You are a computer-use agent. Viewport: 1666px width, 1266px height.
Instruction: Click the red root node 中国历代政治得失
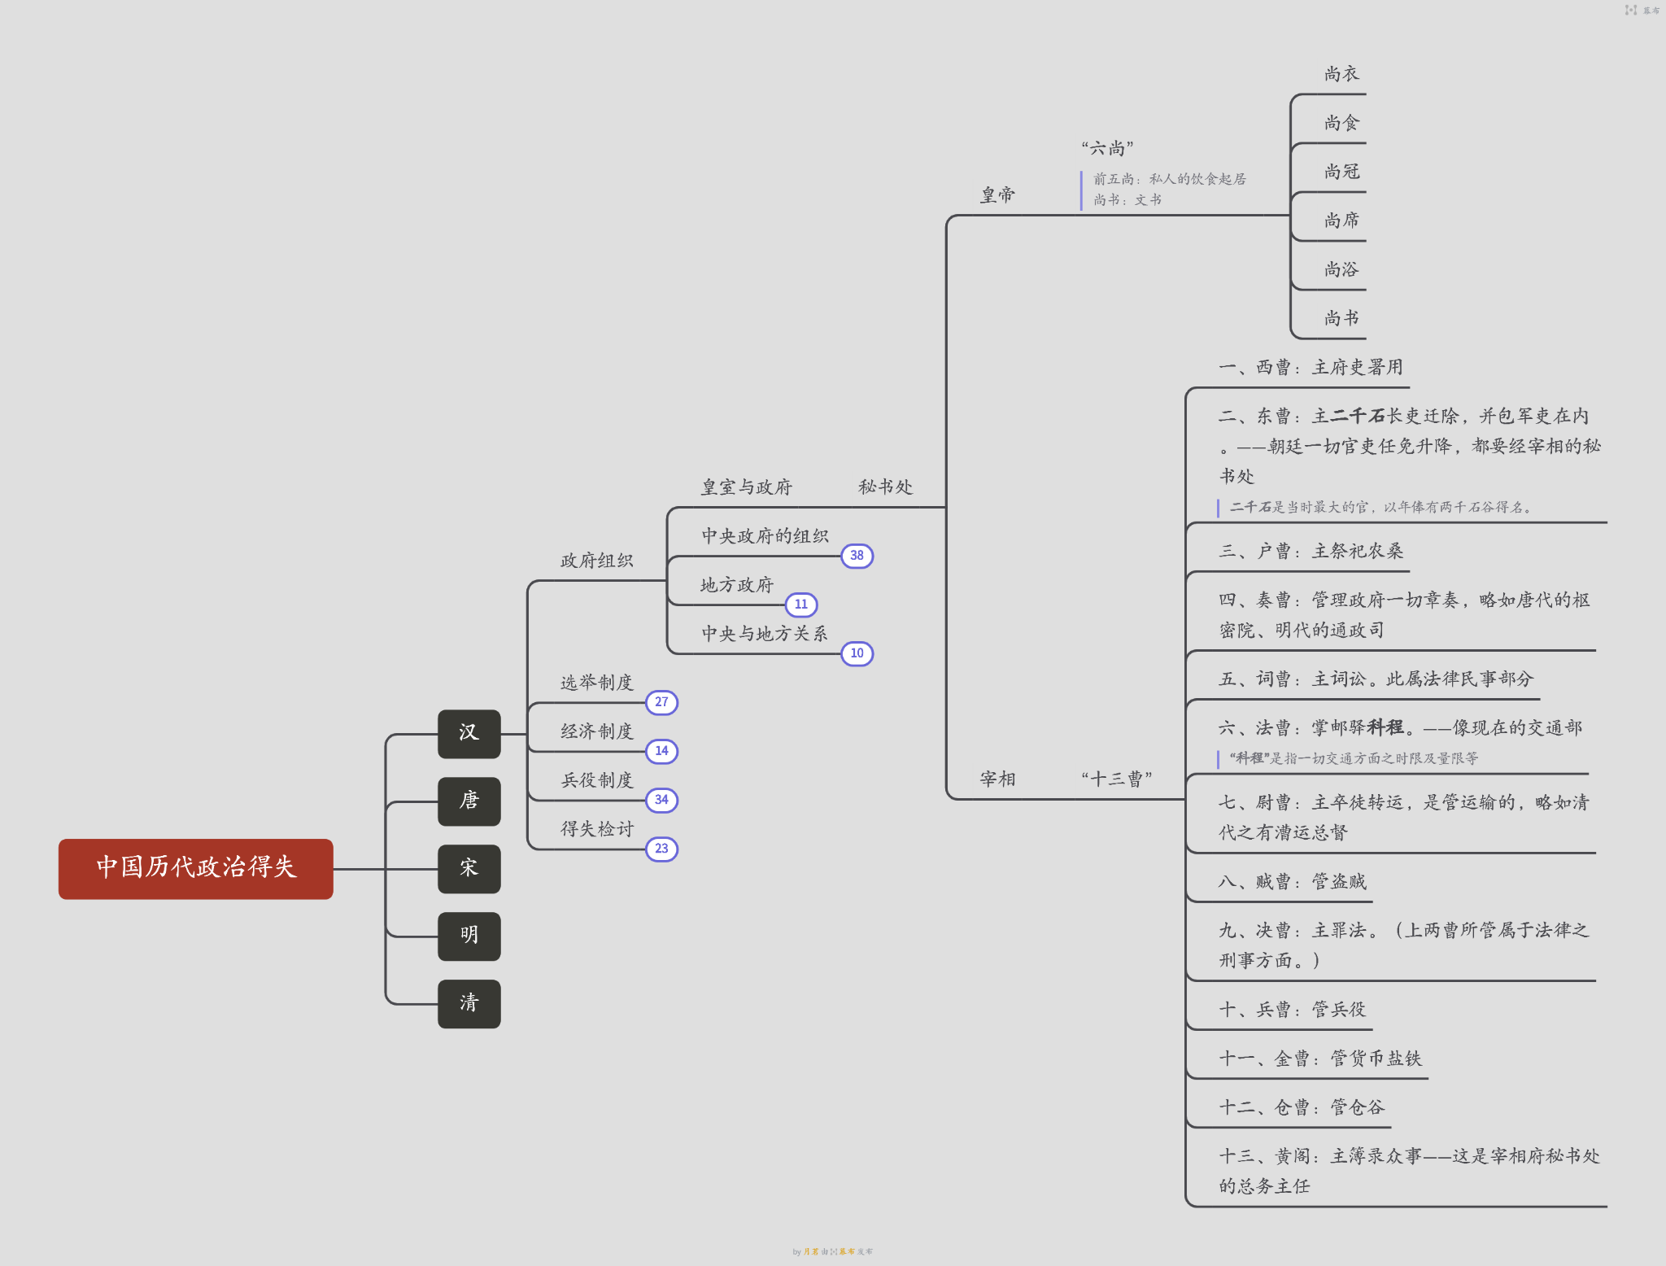coord(195,868)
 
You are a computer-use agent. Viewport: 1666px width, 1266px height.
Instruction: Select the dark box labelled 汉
coord(469,733)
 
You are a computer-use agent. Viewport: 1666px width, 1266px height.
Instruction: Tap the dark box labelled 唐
coord(469,801)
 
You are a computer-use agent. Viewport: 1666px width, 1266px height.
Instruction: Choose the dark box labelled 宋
coord(469,868)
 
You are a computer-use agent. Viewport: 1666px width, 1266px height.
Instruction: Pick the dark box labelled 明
coord(469,936)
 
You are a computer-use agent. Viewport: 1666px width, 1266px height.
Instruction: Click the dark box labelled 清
coord(469,1003)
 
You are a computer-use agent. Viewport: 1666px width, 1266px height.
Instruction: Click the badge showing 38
coord(857,556)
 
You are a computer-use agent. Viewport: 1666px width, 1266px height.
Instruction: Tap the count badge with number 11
coord(801,605)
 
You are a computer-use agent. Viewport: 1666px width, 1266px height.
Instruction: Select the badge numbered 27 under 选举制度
coord(661,702)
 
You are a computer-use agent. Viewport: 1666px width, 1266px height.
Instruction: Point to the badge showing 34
coord(661,800)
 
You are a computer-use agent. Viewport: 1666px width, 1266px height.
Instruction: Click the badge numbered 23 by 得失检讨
coord(661,849)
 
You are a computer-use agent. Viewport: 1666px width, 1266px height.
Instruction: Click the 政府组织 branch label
coord(596,561)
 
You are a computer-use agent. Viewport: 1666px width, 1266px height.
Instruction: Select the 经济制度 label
coord(596,731)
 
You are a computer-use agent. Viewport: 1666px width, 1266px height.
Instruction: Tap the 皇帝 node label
coord(997,195)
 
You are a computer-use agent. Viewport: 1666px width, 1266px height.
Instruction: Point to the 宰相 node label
coord(997,779)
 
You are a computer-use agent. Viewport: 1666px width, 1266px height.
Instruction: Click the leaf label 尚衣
coord(1341,74)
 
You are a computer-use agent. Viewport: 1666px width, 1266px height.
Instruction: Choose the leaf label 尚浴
coord(1341,269)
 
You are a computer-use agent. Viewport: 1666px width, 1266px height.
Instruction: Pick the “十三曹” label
coord(1116,779)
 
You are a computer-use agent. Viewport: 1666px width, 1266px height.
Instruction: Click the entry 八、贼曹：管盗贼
coord(1292,882)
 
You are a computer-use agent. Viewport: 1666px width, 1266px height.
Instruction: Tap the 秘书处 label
coord(885,487)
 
